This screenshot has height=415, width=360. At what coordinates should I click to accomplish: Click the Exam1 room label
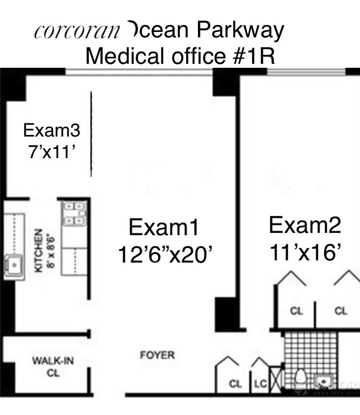coord(164,228)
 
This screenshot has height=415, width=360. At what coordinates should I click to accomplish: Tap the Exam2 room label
coord(305,225)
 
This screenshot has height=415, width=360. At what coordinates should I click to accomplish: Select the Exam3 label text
coord(52,131)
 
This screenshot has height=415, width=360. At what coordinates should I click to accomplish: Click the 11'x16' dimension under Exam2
coord(305,253)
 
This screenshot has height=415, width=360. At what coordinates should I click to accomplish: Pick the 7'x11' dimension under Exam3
coord(52,152)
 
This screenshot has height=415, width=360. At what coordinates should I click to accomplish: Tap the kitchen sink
coord(15,266)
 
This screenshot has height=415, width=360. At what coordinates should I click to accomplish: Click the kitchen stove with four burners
coord(74,214)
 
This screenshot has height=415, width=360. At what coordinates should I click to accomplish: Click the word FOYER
coord(157,355)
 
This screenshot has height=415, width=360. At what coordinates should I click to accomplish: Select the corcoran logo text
coord(77,31)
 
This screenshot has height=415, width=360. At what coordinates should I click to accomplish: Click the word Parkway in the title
coord(240,30)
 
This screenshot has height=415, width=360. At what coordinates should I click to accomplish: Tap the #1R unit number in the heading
coord(250,56)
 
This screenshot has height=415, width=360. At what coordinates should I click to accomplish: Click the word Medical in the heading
coord(126,56)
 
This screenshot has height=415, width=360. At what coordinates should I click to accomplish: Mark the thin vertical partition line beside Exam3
coord(91,134)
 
